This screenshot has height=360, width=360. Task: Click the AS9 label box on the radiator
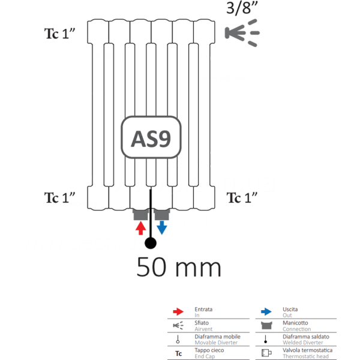pos(151,137)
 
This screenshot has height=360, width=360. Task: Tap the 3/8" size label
pos(242,8)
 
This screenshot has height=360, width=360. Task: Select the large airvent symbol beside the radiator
pos(242,33)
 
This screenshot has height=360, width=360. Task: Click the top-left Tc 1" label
pos(59,34)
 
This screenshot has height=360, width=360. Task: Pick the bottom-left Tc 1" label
pos(59,197)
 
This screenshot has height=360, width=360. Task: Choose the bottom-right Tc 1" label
pos(242,197)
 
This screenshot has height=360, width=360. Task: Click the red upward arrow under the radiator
pos(141,228)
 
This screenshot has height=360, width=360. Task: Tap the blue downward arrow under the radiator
pos(162,227)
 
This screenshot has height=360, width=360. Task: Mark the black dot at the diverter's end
pos(151,243)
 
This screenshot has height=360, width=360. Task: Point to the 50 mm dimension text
pos(179,267)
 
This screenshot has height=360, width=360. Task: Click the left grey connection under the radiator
pos(140,214)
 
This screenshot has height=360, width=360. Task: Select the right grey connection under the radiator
pos(162,214)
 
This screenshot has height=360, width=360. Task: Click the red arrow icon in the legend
pos(178,311)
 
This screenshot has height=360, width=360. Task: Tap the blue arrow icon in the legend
pos(266,311)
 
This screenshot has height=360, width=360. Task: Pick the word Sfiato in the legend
pos(202,323)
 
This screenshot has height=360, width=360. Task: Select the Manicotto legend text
pos(295,323)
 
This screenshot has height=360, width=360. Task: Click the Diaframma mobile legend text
pos(217,337)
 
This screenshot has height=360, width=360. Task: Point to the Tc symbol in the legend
pos(178,353)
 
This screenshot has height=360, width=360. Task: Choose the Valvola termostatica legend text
pos(307,350)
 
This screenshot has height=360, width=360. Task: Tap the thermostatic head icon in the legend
pos(266,353)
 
